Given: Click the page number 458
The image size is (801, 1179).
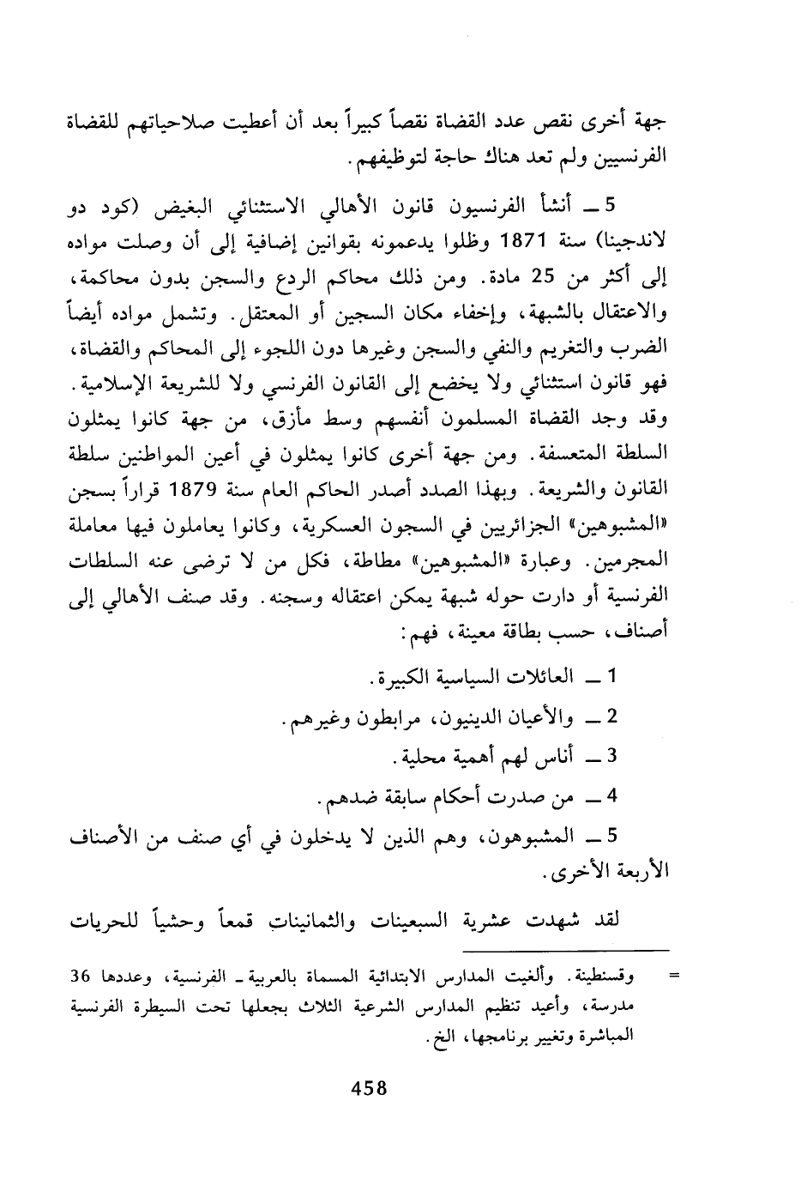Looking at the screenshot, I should (370, 1089).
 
